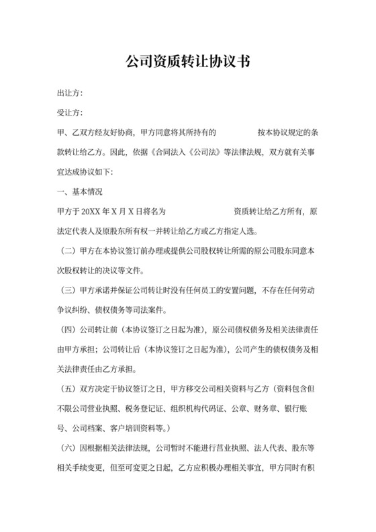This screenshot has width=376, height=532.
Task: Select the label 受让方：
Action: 69,113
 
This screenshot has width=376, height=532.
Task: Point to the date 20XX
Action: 91,212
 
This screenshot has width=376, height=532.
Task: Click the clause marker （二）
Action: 70,251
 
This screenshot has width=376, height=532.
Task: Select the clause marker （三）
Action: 70,290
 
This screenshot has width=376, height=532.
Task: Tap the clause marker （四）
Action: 70,329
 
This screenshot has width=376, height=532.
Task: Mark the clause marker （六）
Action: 70,447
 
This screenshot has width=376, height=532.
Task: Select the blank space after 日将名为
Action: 199,212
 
